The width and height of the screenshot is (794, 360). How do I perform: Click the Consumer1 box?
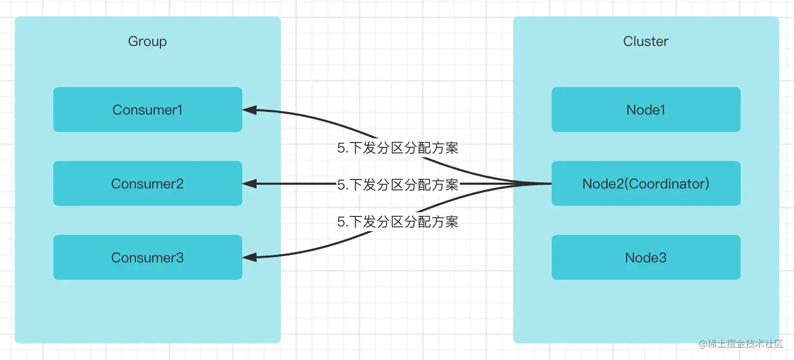[x=147, y=109]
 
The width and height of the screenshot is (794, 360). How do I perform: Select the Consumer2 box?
[x=147, y=183]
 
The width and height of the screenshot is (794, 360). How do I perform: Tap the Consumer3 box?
[x=147, y=257]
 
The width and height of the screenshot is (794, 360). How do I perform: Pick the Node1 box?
[x=646, y=109]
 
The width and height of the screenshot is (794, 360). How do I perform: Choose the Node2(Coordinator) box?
[x=646, y=183]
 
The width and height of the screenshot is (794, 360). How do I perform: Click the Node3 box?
[x=646, y=257]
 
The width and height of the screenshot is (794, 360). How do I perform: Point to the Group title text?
[x=147, y=41]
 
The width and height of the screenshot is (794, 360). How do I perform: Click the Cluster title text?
[x=646, y=41]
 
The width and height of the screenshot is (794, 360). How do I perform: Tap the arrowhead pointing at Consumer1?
[x=249, y=110]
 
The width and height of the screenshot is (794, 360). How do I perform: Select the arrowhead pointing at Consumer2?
[x=249, y=184]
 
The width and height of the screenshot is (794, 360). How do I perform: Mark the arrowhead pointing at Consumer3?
[x=249, y=257]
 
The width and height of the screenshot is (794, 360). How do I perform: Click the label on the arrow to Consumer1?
[x=398, y=148]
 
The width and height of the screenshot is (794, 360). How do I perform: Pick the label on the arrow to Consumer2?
[x=398, y=185]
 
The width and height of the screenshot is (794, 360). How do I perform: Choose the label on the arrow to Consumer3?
[x=398, y=222]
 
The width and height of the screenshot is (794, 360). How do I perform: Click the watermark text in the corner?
[x=740, y=344]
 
